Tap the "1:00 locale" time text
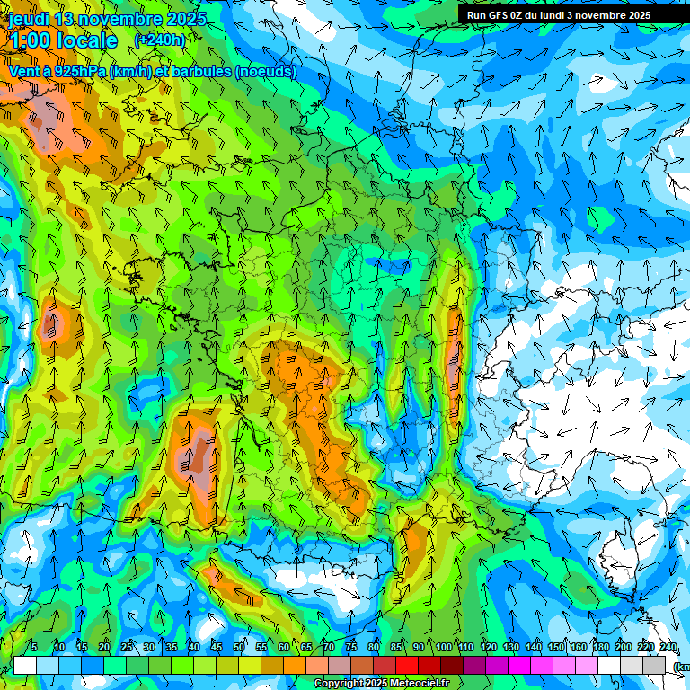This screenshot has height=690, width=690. click(63, 40)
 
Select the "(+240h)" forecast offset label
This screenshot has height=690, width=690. click(160, 40)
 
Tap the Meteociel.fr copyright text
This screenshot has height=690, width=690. click(381, 684)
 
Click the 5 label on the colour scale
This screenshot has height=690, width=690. click(34, 647)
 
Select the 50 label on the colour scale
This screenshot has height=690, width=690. click(239, 647)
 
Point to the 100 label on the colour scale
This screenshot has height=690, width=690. click(443, 647)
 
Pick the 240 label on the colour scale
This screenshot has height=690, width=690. click(668, 647)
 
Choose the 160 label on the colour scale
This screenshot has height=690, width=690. click(579, 647)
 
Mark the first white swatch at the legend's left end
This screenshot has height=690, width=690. click(25, 665)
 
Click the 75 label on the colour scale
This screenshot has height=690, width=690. click(351, 647)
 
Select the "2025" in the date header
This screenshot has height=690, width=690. click(186, 19)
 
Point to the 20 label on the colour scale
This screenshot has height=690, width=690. click(104, 647)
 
